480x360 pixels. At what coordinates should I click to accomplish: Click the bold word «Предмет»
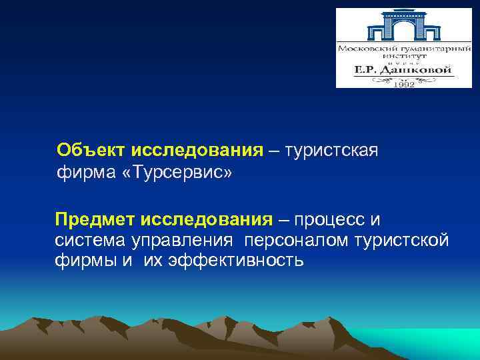point(94,220)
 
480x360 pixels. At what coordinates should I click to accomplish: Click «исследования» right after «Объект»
point(198,150)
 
